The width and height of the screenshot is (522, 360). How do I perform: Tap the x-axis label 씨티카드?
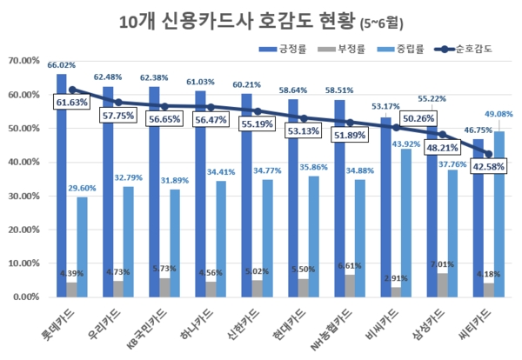(487, 321)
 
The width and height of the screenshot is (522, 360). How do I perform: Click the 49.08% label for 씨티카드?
(499, 113)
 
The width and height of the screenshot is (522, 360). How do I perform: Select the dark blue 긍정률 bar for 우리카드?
(108, 191)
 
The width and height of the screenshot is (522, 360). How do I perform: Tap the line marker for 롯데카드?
(72, 90)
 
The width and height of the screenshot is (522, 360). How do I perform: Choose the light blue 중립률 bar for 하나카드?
(220, 239)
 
